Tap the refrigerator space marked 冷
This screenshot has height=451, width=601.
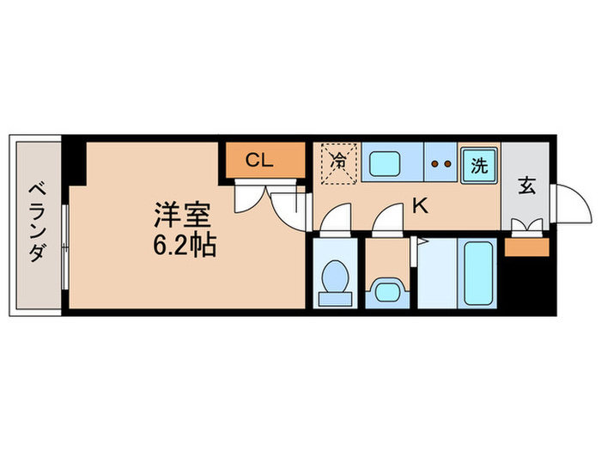pos(339,162)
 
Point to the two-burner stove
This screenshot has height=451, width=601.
pos(441,162)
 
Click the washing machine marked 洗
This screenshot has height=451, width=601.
pos(478,165)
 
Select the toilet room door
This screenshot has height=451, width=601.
pos(335,220)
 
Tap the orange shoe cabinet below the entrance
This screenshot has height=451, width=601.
pos(526,247)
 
